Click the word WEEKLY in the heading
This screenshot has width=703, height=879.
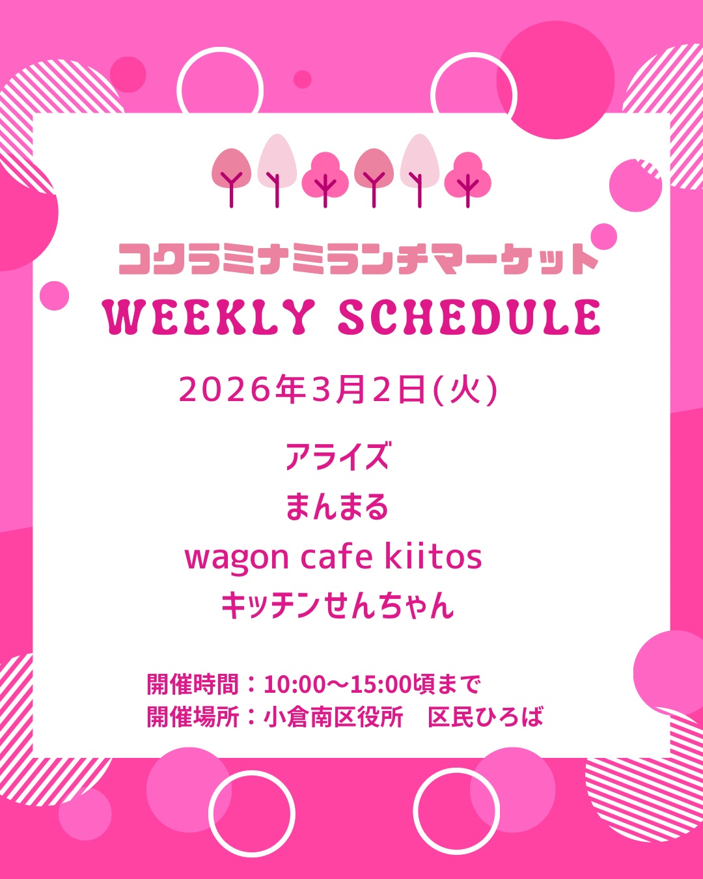click(x=209, y=317)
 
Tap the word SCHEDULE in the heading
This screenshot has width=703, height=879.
click(x=469, y=317)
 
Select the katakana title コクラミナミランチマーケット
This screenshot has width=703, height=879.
click(x=358, y=259)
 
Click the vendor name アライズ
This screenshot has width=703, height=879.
click(x=337, y=456)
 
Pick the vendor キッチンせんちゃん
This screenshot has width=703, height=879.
click(x=337, y=606)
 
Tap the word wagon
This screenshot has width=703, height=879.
click(x=237, y=559)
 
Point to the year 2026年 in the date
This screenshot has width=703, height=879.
click(x=243, y=389)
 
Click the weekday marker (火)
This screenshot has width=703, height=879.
click(x=465, y=390)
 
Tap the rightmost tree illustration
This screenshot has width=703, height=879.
click(x=468, y=180)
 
